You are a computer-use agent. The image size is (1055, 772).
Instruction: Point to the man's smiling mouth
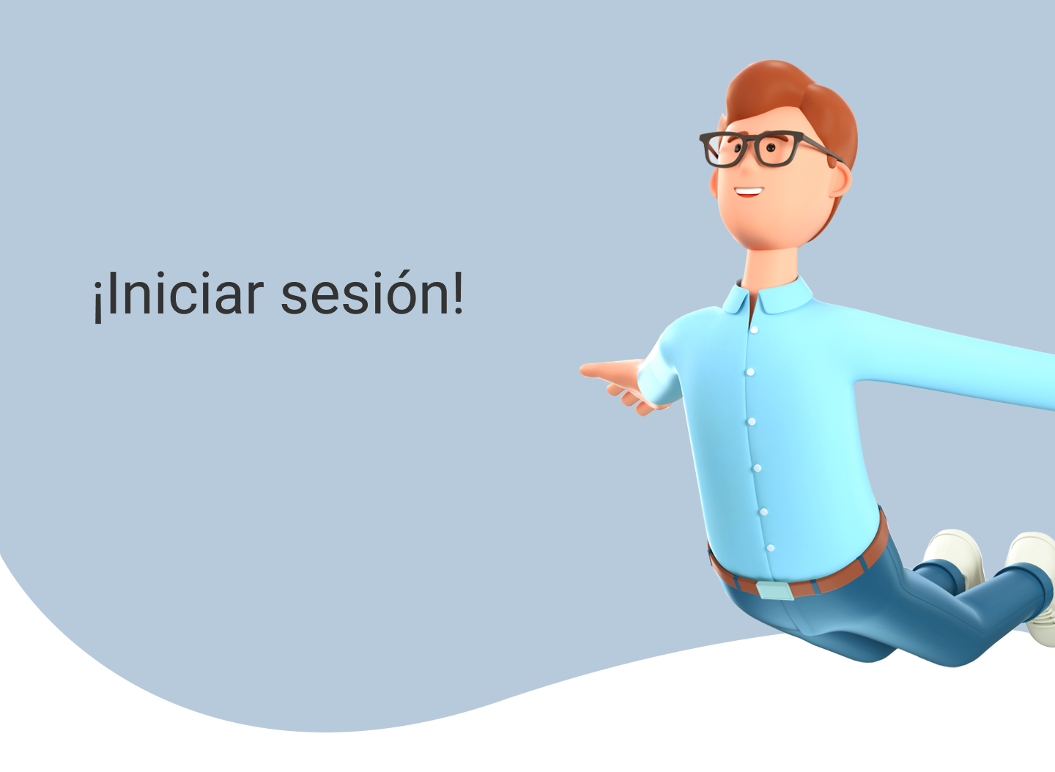point(749,192)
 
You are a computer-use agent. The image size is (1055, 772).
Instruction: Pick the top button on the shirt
point(754,330)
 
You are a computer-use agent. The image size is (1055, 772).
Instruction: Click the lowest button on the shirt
point(771,548)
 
